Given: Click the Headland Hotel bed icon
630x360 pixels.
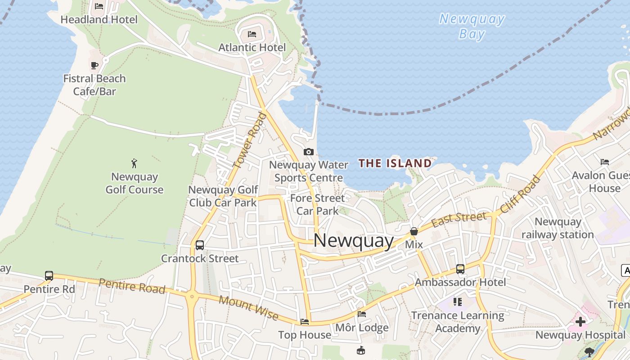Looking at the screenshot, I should (99, 6).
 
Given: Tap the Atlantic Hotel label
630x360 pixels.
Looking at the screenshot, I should (252, 47).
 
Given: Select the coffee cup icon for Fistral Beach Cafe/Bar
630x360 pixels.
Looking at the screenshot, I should (94, 66).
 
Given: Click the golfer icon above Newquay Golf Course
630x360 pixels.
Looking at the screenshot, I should (134, 163).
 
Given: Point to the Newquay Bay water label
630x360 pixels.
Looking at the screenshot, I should (472, 27).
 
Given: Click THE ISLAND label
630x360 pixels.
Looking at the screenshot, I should (395, 163).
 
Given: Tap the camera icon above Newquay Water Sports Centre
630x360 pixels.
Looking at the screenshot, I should (309, 152).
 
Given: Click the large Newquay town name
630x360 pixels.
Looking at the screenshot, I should (354, 240).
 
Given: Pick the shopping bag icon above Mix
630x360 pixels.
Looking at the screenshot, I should (414, 231).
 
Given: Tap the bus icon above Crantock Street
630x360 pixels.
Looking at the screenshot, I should (200, 245).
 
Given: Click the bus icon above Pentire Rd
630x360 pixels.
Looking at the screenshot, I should (49, 275).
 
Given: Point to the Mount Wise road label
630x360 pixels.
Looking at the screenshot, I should (248, 308).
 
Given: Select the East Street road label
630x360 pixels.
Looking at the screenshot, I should (459, 219).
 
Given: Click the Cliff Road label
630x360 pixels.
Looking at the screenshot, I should (520, 194).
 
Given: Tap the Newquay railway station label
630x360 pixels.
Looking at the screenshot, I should (558, 228).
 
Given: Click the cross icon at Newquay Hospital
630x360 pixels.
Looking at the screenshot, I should (580, 322).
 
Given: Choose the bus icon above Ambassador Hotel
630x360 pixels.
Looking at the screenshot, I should (460, 269).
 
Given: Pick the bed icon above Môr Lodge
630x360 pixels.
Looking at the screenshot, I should (362, 314).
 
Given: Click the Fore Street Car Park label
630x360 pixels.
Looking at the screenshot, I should (318, 204).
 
